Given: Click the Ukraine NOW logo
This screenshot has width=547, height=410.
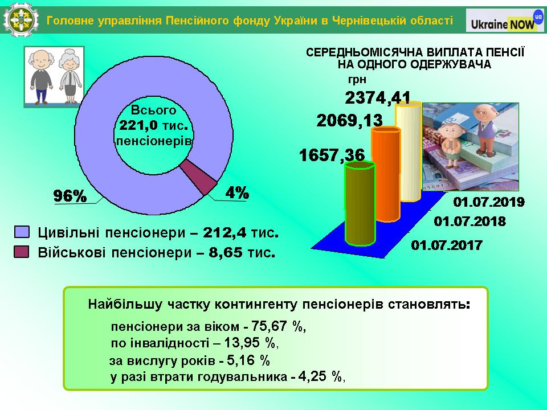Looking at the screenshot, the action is (x=505, y=20).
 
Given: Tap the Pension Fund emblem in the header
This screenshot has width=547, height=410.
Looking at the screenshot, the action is (x=21, y=20).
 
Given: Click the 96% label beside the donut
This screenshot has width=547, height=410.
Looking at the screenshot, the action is (x=70, y=196).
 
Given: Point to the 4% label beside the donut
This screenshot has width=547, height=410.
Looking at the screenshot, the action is (x=237, y=192).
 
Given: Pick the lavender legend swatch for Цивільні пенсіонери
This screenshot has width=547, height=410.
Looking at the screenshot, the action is (x=22, y=232).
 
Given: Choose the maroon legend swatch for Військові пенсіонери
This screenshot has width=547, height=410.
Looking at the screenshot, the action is (x=22, y=252).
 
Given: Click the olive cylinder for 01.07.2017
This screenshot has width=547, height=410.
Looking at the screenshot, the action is (x=360, y=204).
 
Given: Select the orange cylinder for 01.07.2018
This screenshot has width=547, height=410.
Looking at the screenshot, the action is (x=386, y=174).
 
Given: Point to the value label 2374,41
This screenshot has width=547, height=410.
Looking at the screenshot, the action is (x=378, y=97).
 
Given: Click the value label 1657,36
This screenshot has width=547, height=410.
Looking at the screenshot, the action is (x=332, y=155).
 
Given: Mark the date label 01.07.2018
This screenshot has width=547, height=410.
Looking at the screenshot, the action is (x=470, y=222).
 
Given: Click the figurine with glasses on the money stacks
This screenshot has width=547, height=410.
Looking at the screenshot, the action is (x=485, y=129).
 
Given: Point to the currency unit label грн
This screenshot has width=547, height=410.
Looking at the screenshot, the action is (x=357, y=80).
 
